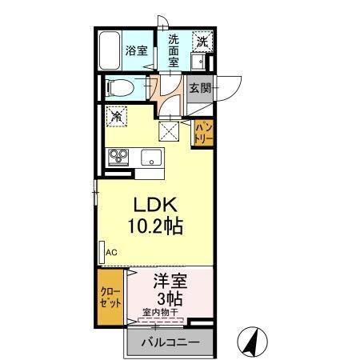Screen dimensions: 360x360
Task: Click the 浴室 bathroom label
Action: [x=136, y=50]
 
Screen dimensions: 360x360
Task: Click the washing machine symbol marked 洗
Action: [x=202, y=41]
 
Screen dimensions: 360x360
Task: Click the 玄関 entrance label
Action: [x=200, y=88]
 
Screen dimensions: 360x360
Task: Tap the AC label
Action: [x=111, y=252]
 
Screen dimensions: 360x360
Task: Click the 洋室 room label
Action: [x=169, y=282]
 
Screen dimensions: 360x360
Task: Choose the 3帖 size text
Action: [x=169, y=299]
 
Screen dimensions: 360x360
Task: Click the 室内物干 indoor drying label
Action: [x=162, y=313]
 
